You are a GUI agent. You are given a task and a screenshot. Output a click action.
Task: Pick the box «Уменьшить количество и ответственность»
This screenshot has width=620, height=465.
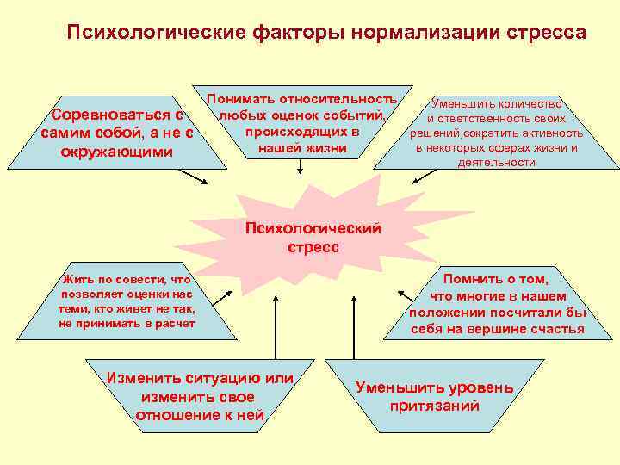coord(498,132)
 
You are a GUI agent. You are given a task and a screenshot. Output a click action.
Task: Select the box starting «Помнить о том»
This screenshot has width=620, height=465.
coord(496,304)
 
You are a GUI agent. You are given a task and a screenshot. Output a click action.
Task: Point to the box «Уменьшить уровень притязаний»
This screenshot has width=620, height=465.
coord(434,396)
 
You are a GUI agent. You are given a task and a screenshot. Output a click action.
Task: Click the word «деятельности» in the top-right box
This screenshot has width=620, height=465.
coord(497,161)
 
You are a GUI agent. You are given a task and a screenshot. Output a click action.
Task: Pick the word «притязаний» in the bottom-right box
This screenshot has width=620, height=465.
coord(434,406)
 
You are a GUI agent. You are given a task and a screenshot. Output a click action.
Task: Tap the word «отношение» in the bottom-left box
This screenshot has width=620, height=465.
coord(172,416)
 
